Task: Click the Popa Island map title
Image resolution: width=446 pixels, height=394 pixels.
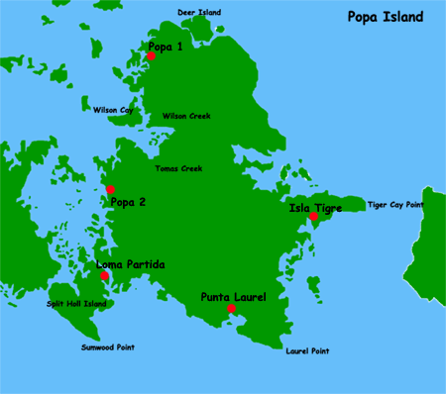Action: pyautogui.click(x=385, y=17)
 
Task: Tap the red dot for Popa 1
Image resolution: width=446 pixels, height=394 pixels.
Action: pyautogui.click(x=151, y=56)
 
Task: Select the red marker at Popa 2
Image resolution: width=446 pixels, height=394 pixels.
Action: pyautogui.click(x=110, y=189)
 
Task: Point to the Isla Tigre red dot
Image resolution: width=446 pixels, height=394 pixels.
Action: pyautogui.click(x=313, y=217)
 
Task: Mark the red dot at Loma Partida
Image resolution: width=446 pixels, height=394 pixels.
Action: pyautogui.click(x=105, y=275)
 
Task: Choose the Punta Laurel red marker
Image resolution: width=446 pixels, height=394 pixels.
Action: pyautogui.click(x=231, y=309)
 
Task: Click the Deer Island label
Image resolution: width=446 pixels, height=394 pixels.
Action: pyautogui.click(x=198, y=13)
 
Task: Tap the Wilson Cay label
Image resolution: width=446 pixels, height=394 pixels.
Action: pyautogui.click(x=113, y=110)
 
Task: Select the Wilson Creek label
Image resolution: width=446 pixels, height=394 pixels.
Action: pyautogui.click(x=186, y=115)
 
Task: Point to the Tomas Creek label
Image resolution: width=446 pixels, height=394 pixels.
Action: pyautogui.click(x=178, y=168)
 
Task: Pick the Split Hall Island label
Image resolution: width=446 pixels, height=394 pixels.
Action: pyautogui.click(x=76, y=304)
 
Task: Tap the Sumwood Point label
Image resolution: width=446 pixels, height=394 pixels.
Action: pyautogui.click(x=107, y=347)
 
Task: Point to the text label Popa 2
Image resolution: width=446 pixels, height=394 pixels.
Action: pyautogui.click(x=129, y=202)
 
